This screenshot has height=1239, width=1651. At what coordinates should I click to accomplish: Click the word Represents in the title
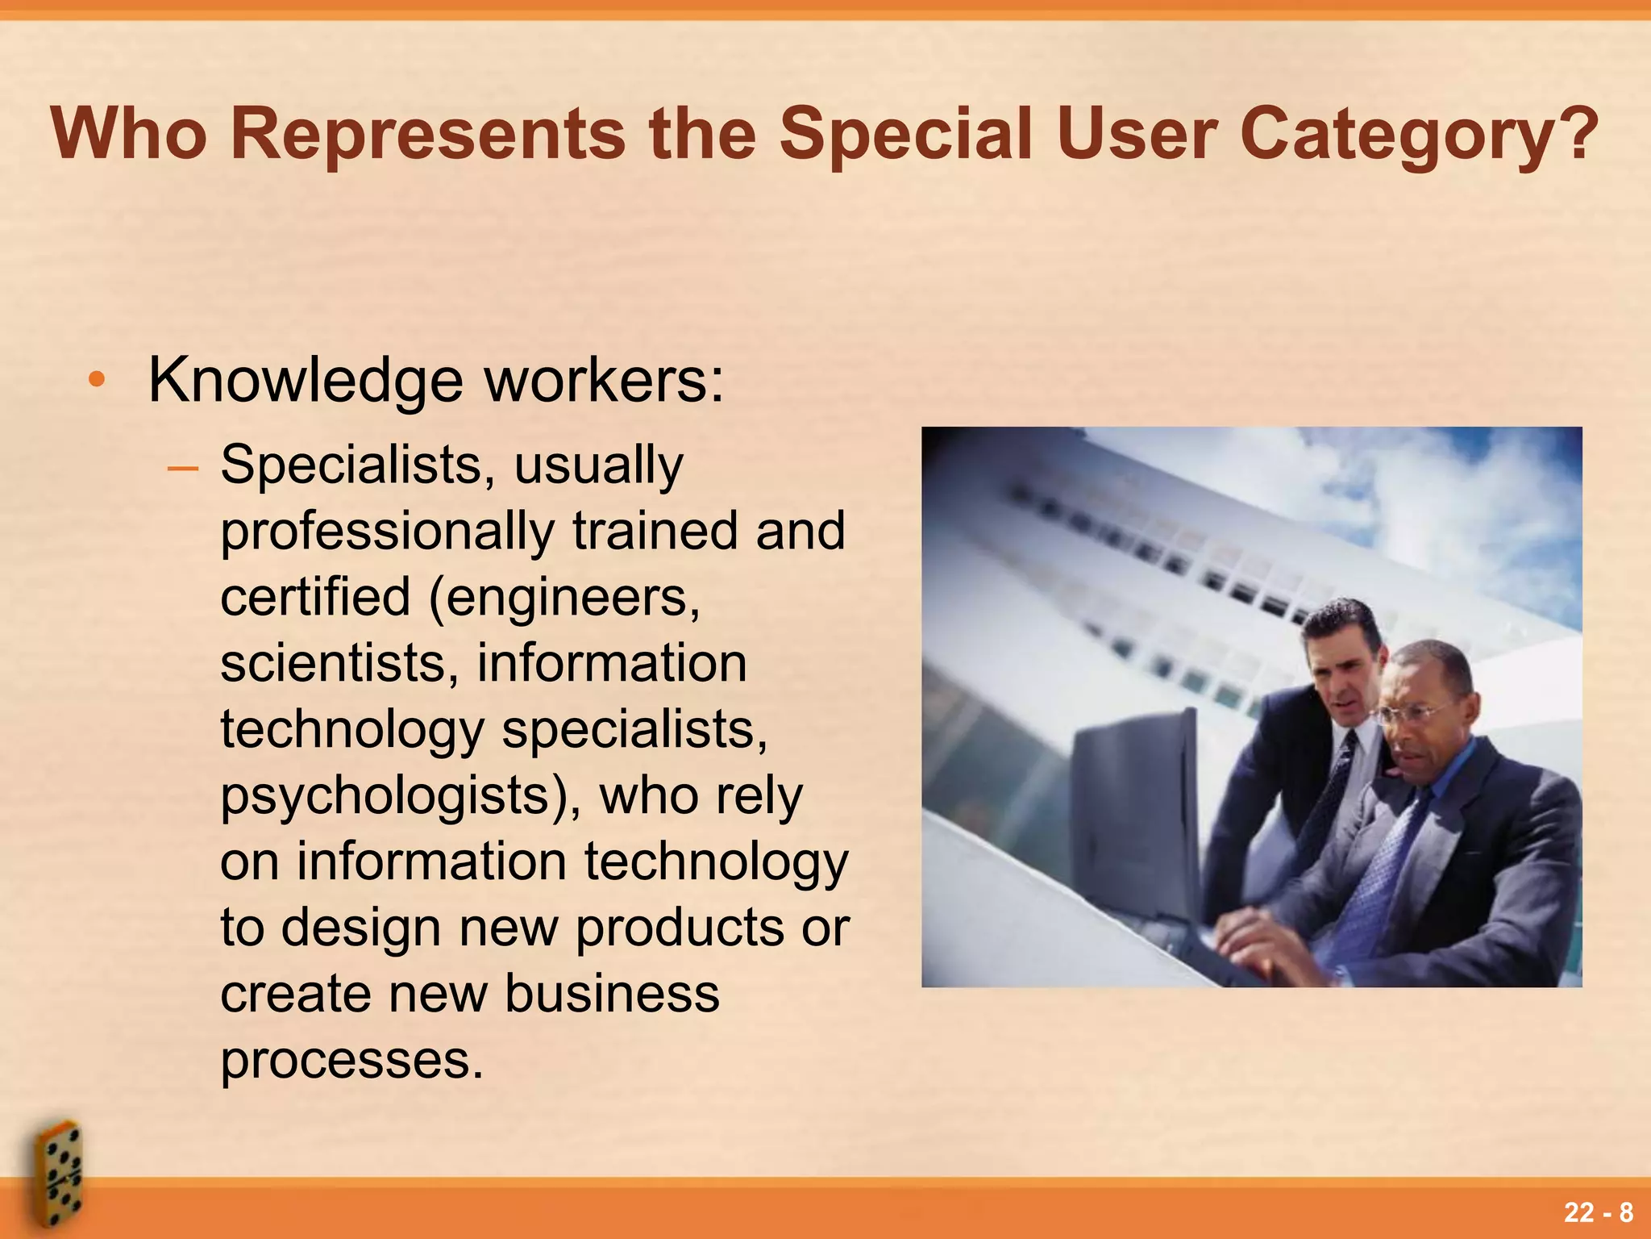427,134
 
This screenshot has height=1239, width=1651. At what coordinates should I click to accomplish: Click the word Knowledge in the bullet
306,381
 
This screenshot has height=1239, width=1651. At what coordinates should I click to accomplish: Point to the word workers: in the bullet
604,381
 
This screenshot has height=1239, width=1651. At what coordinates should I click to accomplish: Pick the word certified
315,597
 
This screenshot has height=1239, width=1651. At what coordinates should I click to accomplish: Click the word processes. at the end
351,1060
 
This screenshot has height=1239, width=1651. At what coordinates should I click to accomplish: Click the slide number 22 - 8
1599,1212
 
